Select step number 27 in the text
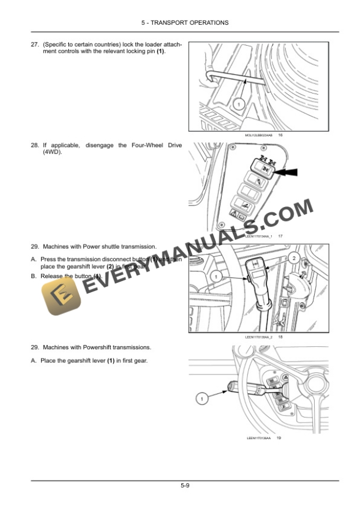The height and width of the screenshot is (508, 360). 34,45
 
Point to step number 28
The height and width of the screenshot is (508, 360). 34,145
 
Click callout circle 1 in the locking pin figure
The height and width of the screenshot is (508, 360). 238,105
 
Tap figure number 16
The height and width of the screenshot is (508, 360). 281,135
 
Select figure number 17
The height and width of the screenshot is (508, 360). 281,236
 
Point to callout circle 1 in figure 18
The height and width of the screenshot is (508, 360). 216,276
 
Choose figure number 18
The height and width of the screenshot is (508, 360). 281,337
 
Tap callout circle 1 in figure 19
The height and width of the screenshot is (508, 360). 201,399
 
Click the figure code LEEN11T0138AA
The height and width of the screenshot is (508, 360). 259,438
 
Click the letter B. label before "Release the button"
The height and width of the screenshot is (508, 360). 34,276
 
